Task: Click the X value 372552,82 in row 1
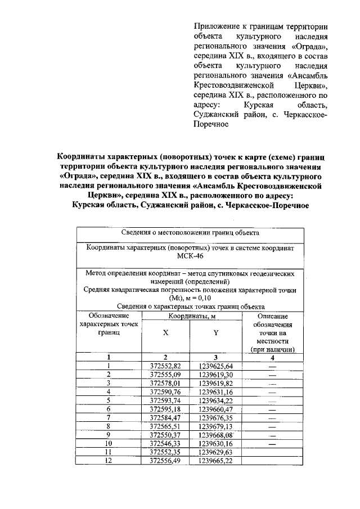[x=165, y=366]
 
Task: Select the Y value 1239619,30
[x=215, y=375]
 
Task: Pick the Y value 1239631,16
[x=215, y=391]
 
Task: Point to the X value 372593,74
[x=165, y=400]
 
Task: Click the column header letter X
[x=165, y=332]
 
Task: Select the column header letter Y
[x=215, y=332]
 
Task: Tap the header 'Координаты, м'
[x=191, y=317]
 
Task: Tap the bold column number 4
[x=273, y=357]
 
